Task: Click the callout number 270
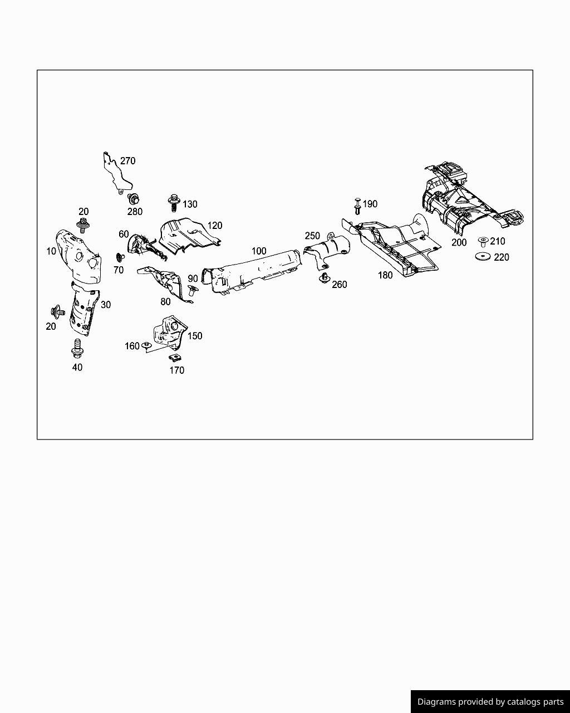pos(127,161)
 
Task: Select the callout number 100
pos(259,251)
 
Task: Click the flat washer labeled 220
pos(483,257)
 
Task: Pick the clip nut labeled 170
pos(174,356)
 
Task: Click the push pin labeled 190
pos(357,206)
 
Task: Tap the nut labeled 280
pos(134,199)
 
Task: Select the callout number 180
pos(385,275)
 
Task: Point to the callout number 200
pos(459,243)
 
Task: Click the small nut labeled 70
pos(119,257)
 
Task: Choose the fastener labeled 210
pos(483,242)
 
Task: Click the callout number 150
pos(195,336)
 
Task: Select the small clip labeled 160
pos(146,346)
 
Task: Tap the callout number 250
pos(312,236)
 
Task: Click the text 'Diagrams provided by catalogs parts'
pos(490,702)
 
